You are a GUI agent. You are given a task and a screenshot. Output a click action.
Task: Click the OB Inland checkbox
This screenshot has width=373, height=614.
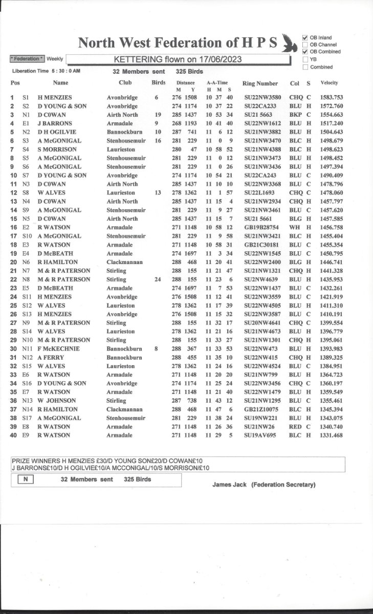coord(305,37)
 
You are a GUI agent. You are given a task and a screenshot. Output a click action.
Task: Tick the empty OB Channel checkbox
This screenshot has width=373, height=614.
coord(305,45)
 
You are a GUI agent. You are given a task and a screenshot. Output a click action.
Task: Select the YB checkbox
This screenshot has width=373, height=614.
coord(305,59)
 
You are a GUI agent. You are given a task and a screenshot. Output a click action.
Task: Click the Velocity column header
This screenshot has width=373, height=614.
coord(330,83)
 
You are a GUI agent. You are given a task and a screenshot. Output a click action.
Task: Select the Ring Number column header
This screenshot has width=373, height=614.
coord(260,83)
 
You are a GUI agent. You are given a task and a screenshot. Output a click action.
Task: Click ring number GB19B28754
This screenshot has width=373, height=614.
coord(260,227)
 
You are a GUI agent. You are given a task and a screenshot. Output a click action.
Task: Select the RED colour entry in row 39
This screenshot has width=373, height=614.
coord(295,427)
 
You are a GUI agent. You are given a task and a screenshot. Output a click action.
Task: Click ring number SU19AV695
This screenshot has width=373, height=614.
coord(259,435)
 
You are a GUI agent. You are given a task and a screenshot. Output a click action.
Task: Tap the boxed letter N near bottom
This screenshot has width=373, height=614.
coord(26,480)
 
